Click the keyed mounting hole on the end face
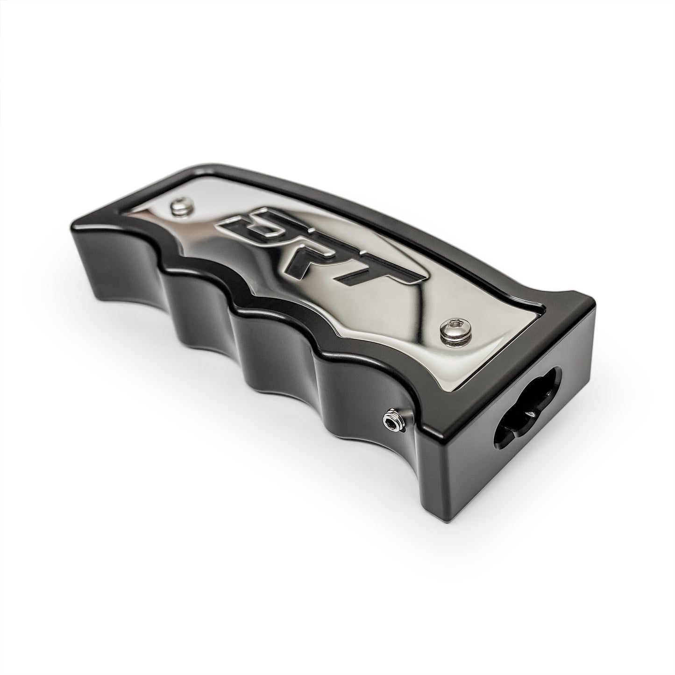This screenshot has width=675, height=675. [527, 412]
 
